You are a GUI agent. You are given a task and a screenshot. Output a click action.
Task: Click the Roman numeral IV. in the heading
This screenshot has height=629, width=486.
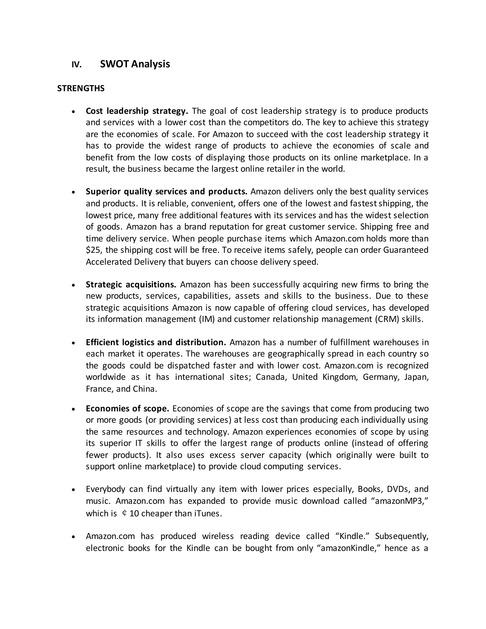(77, 65)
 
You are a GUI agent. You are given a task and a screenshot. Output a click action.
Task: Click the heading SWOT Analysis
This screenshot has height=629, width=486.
(135, 64)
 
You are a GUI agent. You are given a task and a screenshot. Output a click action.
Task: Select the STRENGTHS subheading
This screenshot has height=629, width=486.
(81, 89)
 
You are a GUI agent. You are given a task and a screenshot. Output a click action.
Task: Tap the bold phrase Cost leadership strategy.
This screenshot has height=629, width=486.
(137, 111)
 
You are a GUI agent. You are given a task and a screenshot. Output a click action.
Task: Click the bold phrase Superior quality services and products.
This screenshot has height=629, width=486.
(166, 192)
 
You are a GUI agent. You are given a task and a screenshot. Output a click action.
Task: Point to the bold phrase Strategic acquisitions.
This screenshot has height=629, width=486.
(131, 285)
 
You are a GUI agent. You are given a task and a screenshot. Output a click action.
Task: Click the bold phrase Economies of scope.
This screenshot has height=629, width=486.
(127, 408)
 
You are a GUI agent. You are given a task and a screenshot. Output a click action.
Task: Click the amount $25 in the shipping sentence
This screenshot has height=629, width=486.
(92, 250)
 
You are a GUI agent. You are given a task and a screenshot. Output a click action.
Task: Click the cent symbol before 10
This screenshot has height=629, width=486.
(124, 513)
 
